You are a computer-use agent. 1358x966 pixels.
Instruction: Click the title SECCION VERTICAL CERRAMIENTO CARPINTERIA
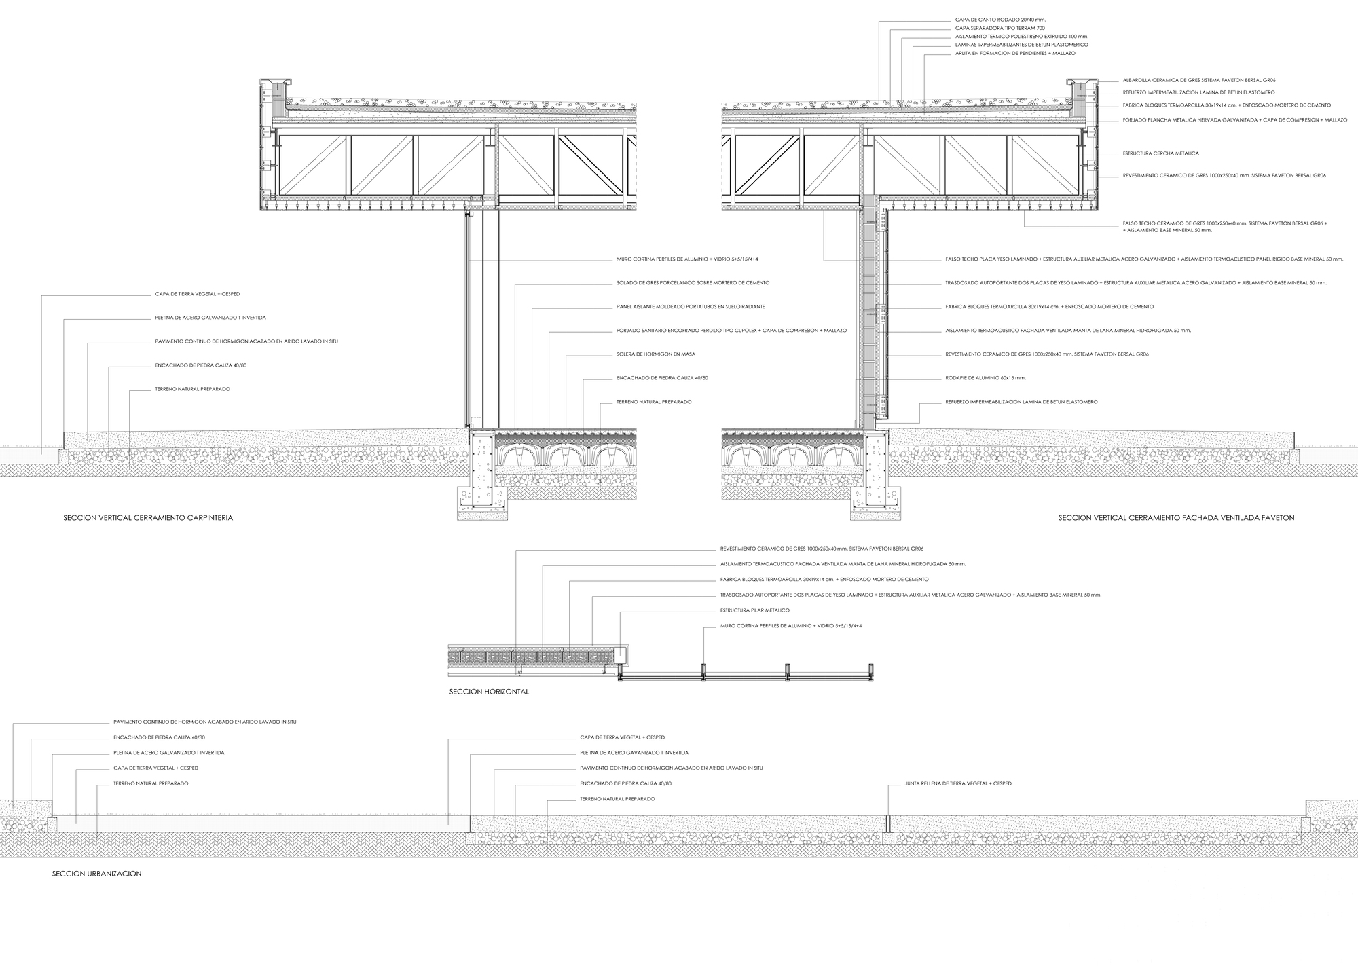pos(149,518)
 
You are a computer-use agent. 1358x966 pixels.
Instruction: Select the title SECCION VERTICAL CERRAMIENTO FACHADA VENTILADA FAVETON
pos(1176,518)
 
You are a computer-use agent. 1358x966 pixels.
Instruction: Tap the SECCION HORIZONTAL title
pos(489,692)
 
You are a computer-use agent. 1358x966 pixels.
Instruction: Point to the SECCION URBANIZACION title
pos(96,874)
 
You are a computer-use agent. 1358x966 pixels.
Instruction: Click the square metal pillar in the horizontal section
pos(619,656)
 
